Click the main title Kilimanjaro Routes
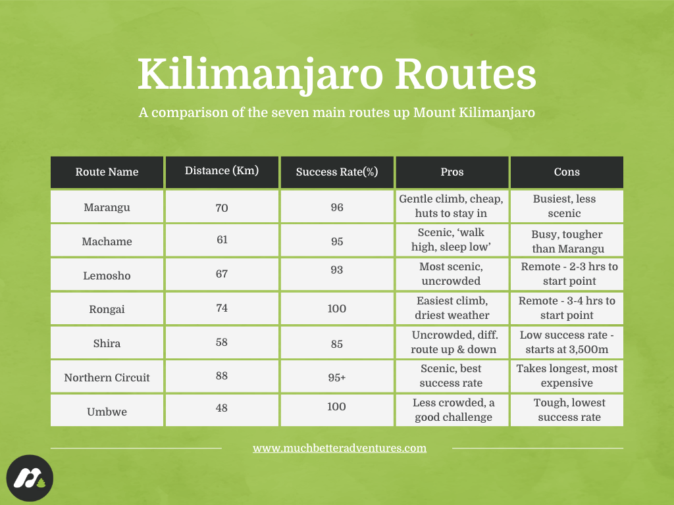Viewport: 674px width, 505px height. (336, 74)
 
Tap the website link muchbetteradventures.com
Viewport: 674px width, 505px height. (340, 448)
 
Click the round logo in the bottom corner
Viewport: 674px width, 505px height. (30, 479)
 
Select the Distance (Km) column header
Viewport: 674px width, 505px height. (222, 171)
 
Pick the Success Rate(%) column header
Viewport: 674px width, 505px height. (337, 172)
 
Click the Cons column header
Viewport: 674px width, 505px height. (567, 172)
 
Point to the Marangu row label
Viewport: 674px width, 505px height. (107, 208)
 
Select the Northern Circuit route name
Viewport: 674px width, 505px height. (107, 377)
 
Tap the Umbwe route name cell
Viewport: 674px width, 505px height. (107, 412)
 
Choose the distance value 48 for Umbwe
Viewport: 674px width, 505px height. (222, 408)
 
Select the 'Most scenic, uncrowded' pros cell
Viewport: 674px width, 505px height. (452, 274)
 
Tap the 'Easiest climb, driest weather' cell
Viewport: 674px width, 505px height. (452, 308)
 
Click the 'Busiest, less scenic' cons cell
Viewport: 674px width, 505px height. (567, 206)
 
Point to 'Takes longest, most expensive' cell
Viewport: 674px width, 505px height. (567, 375)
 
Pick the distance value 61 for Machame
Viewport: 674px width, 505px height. (222, 239)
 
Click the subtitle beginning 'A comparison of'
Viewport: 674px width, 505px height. (336, 112)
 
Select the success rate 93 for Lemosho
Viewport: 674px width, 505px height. (337, 271)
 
